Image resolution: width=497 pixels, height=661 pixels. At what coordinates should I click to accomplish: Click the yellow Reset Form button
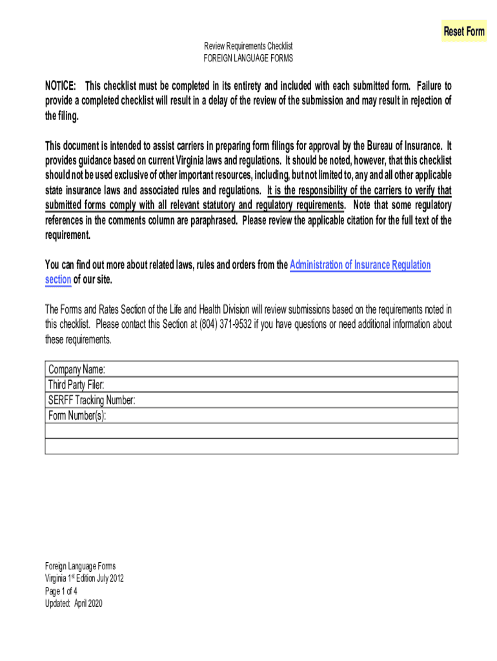point(463,32)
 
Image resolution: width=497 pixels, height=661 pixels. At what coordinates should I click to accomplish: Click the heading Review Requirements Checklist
point(249,46)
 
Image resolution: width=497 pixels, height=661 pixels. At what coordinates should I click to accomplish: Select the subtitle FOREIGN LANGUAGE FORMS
point(249,58)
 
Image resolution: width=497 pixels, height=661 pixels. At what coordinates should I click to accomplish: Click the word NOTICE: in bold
point(61,86)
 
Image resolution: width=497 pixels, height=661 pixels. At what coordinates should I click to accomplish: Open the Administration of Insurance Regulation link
point(360,265)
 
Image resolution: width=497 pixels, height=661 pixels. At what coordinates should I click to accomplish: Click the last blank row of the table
point(252,447)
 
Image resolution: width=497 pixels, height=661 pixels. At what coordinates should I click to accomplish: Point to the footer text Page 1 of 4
point(61,591)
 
